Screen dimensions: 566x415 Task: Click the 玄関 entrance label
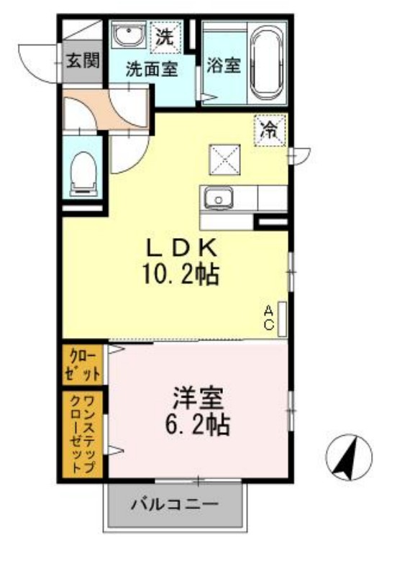82,60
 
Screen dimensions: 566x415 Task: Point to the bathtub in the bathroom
268,64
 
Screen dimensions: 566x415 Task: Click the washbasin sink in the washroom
129,35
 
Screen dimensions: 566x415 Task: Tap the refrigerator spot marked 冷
269,130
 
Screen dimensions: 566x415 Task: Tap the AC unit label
268,317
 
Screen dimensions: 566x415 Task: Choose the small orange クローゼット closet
83,363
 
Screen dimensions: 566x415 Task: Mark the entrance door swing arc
32,63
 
